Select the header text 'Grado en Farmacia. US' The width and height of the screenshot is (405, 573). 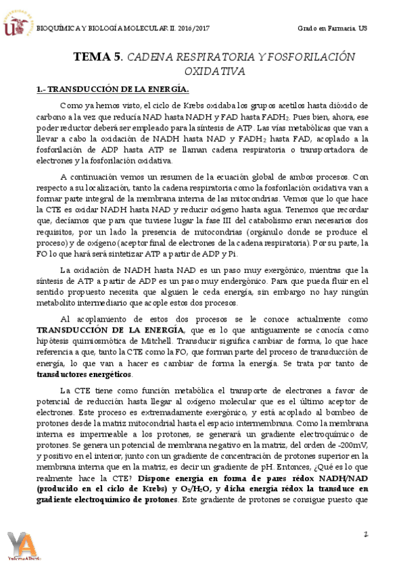click(x=331, y=28)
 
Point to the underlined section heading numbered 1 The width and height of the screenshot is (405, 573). click(x=112, y=89)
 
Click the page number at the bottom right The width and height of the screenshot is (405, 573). click(x=364, y=534)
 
